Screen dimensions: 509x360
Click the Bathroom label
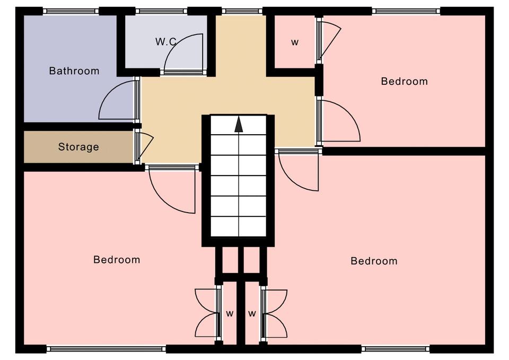[74, 71]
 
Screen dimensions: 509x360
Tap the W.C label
[165, 41]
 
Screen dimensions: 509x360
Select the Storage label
[78, 147]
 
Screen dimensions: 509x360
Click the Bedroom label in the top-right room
[404, 81]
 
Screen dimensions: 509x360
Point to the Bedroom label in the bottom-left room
[117, 260]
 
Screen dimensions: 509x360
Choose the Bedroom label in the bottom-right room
[374, 261]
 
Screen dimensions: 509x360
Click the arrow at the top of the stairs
[239, 124]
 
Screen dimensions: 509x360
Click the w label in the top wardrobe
[295, 42]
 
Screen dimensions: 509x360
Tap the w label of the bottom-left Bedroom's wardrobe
[230, 314]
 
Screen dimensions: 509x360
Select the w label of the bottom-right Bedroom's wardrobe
[252, 314]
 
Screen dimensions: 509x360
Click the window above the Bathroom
[71, 11]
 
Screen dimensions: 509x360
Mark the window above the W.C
[161, 11]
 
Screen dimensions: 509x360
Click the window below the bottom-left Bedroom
[106, 349]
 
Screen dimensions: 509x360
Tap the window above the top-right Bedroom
[406, 11]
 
